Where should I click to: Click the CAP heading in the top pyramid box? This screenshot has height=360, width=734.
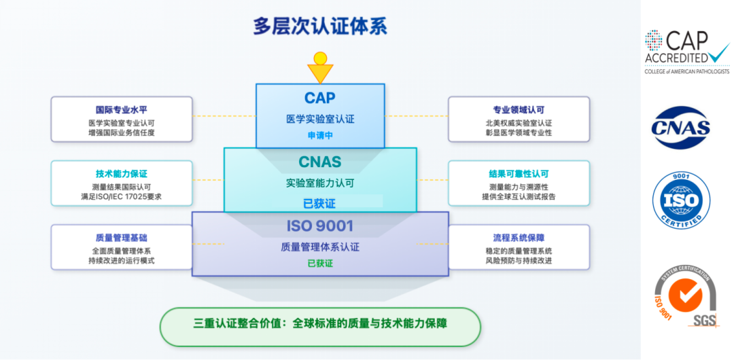pos(320,98)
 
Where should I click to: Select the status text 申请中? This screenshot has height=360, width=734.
pos(320,135)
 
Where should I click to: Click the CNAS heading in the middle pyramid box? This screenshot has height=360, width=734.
pos(320,163)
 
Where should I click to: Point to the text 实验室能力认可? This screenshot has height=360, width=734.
pos(320,183)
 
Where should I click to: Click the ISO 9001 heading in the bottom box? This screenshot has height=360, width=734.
pos(320,226)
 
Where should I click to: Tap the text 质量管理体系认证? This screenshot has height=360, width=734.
pos(320,247)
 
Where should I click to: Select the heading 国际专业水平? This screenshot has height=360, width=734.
pos(122,110)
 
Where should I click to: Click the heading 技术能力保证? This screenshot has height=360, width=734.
pos(122,174)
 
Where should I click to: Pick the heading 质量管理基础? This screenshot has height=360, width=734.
pos(122,238)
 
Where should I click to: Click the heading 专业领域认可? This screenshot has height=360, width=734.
pos(519,110)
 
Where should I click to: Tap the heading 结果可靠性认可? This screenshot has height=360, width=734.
pos(519,174)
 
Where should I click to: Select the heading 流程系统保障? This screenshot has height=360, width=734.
pos(519,238)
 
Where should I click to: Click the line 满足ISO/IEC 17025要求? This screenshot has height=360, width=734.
pos(122,197)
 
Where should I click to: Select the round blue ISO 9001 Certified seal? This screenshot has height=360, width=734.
pos(681,200)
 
